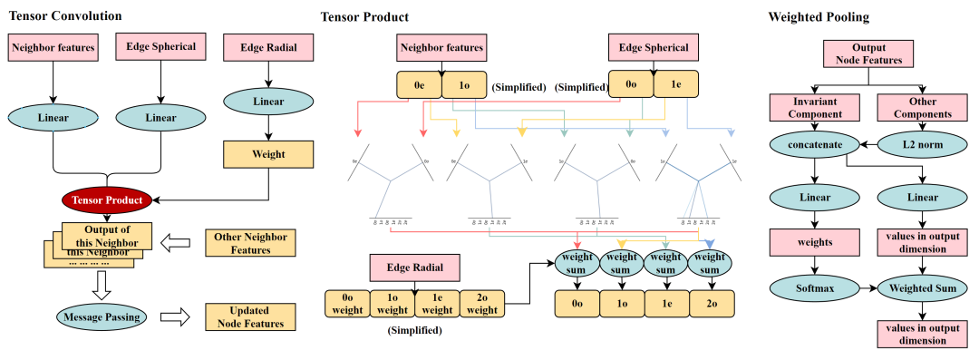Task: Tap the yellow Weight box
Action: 268,154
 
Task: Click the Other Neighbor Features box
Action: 250,243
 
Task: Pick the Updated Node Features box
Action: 250,317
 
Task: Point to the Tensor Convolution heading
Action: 65,16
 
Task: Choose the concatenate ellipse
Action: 813,145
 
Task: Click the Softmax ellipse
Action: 813,289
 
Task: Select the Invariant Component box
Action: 813,108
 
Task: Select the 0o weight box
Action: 348,304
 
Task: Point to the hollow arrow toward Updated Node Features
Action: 175,317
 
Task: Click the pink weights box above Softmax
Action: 813,242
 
